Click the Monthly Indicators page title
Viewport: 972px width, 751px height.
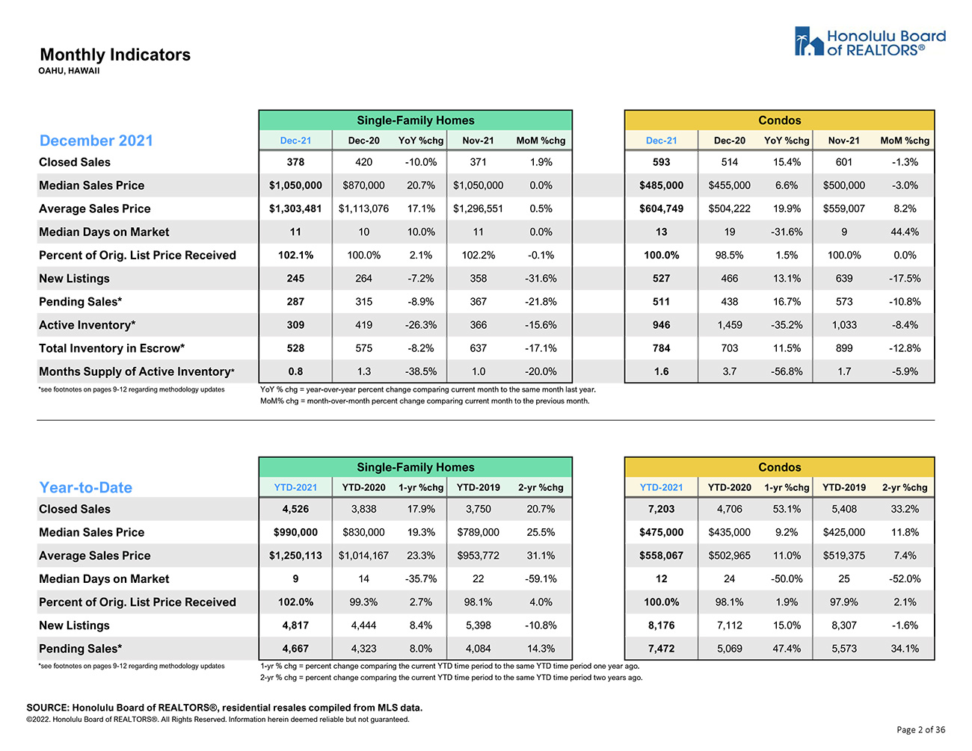click(x=115, y=55)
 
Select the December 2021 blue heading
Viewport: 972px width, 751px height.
click(x=96, y=140)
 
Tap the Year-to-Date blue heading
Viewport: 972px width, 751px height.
click(x=86, y=487)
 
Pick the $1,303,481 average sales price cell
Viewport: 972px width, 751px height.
click(x=295, y=208)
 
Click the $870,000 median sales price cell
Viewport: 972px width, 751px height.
click(x=363, y=185)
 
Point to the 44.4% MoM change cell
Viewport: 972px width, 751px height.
click(x=905, y=232)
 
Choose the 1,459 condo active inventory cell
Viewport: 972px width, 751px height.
click(x=729, y=325)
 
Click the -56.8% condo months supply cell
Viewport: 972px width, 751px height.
click(x=787, y=371)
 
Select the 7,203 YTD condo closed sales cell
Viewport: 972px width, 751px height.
click(x=661, y=509)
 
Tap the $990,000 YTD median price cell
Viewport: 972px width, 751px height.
click(x=295, y=532)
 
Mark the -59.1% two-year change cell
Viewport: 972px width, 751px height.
click(x=541, y=579)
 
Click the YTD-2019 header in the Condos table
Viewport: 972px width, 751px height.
click(x=843, y=488)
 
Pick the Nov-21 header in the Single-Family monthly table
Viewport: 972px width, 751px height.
click(x=478, y=140)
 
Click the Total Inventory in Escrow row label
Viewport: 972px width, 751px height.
click(x=112, y=348)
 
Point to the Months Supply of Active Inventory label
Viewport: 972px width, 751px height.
click(x=136, y=371)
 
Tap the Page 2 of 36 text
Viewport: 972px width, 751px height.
click(x=920, y=730)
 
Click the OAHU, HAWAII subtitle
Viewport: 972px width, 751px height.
click(x=69, y=71)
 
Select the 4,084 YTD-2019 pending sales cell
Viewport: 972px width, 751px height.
click(x=478, y=649)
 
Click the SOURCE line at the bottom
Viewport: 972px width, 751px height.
click(x=224, y=708)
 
